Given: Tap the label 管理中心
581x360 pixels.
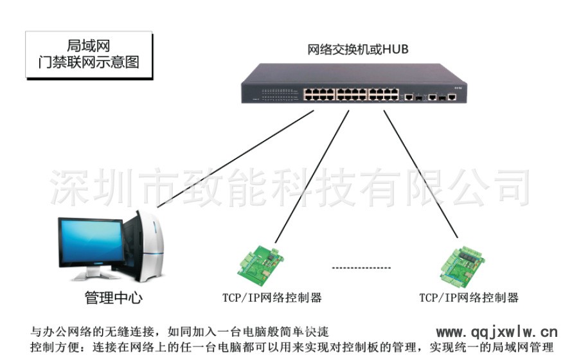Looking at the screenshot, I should click(x=114, y=298).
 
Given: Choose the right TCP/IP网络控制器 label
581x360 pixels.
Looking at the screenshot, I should click(x=469, y=298).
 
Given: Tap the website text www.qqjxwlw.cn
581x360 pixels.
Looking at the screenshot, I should click(x=497, y=332).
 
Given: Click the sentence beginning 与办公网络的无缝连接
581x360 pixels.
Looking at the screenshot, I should click(x=180, y=332).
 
